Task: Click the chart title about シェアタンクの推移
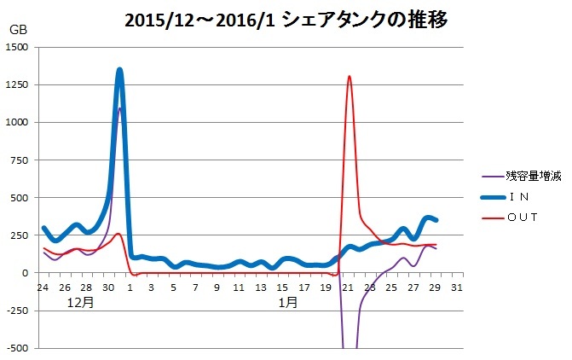point(286,19)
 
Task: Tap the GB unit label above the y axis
point(18,30)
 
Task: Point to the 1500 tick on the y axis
point(16,48)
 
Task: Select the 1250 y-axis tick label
point(16,85)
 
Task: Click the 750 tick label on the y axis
point(20,160)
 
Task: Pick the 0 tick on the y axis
point(27,273)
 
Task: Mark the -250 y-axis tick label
point(18,311)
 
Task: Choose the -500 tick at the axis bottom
point(18,348)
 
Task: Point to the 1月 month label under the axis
point(287,301)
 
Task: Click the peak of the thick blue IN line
point(119,71)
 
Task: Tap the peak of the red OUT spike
point(350,77)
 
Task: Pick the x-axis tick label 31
point(457,287)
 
